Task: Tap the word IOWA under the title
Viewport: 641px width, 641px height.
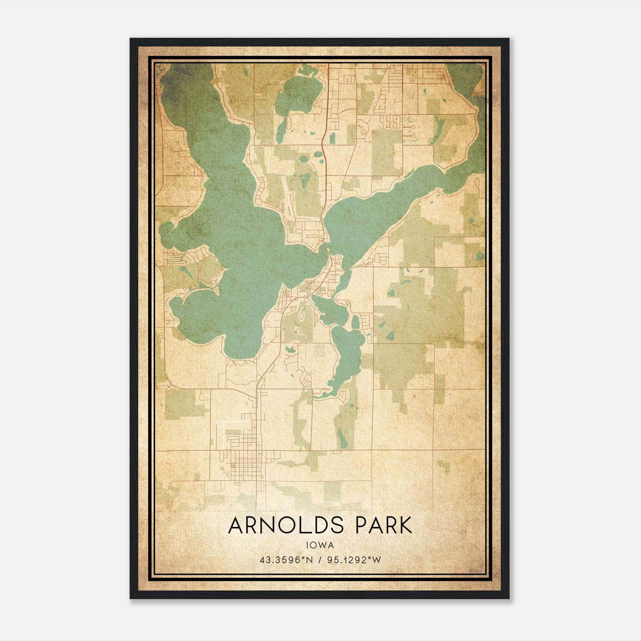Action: click(x=320, y=545)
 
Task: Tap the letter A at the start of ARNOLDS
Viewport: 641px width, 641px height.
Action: click(x=235, y=526)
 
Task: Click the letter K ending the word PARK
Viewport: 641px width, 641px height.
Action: click(x=405, y=526)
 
